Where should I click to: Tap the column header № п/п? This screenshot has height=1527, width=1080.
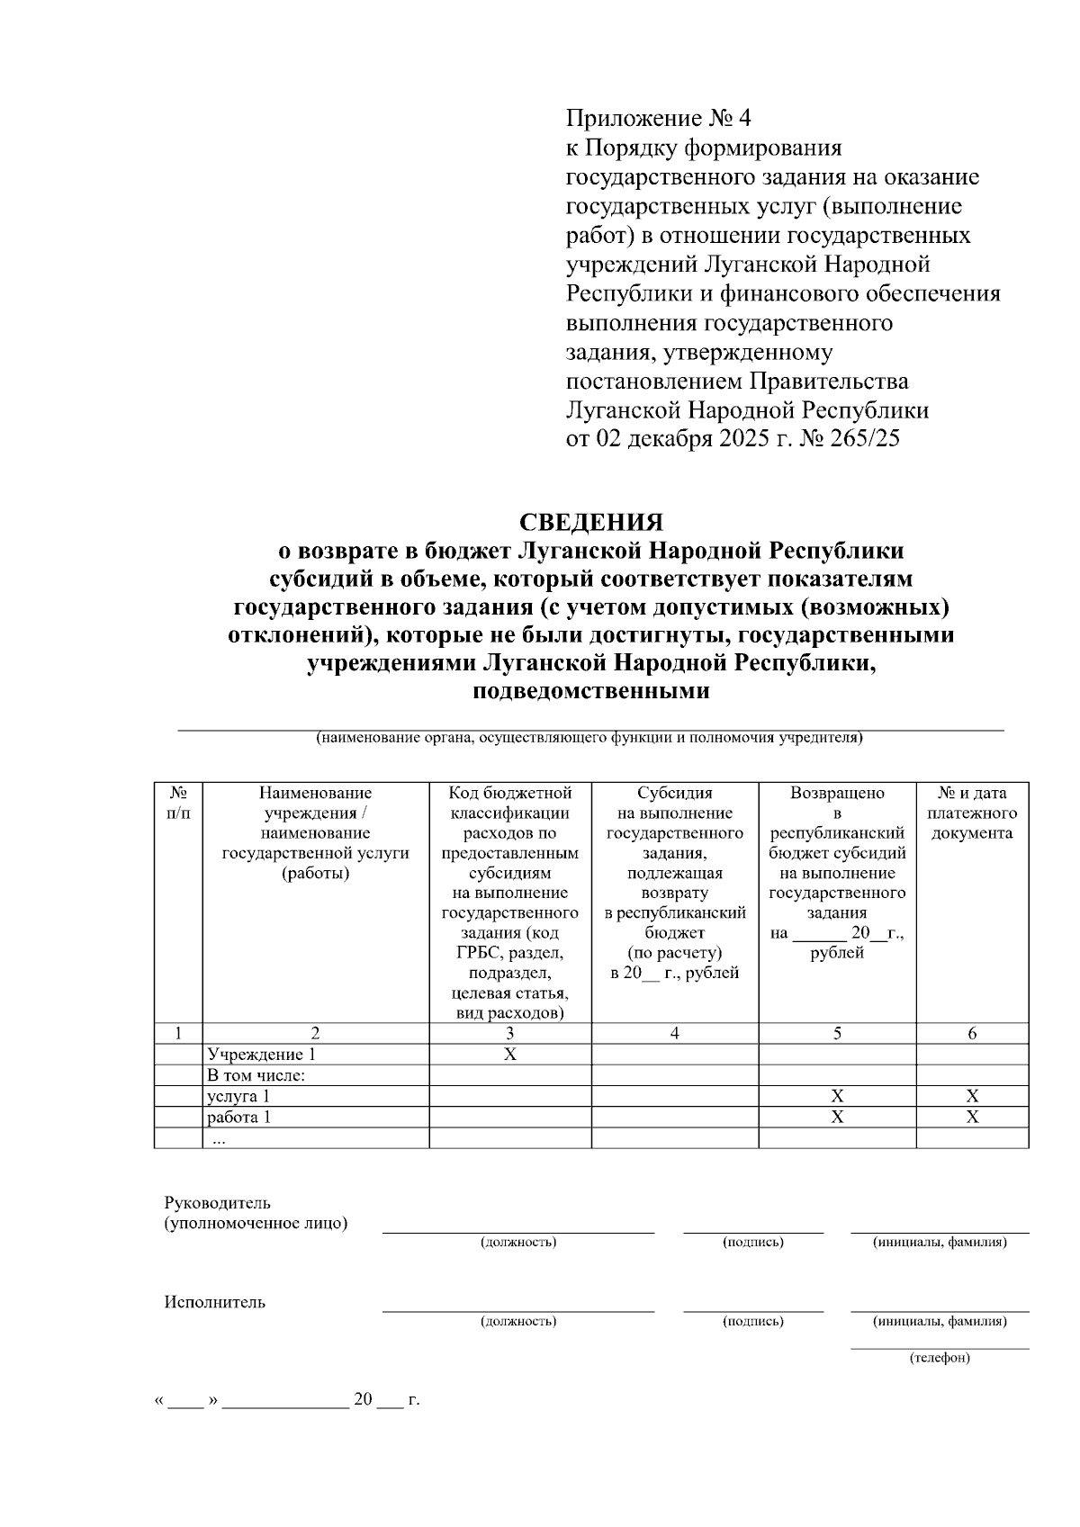(x=178, y=803)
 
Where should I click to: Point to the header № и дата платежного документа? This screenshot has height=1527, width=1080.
(x=972, y=813)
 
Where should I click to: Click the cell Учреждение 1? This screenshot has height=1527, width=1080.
(x=262, y=1055)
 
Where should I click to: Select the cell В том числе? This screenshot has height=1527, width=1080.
(x=256, y=1075)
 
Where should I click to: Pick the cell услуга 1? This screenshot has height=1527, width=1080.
(x=238, y=1096)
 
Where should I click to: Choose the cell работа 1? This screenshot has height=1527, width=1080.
(x=238, y=1118)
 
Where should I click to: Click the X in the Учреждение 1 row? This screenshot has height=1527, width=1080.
(x=509, y=1055)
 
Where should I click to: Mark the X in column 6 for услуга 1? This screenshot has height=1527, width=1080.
(x=972, y=1096)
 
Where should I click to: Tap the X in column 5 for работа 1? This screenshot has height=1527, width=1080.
(x=837, y=1118)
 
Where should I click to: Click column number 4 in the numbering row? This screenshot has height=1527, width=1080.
(x=674, y=1034)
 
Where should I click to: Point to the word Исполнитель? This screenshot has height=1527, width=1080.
(x=214, y=1302)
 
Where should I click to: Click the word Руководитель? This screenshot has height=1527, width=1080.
(x=217, y=1203)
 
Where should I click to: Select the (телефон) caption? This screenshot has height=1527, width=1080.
(x=940, y=1357)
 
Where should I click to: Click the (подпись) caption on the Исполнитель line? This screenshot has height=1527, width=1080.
(x=753, y=1321)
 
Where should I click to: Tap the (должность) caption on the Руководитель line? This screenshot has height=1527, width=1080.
(x=518, y=1242)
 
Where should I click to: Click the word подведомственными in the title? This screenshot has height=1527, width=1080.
(x=590, y=691)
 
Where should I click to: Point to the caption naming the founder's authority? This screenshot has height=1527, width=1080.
(x=589, y=739)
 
